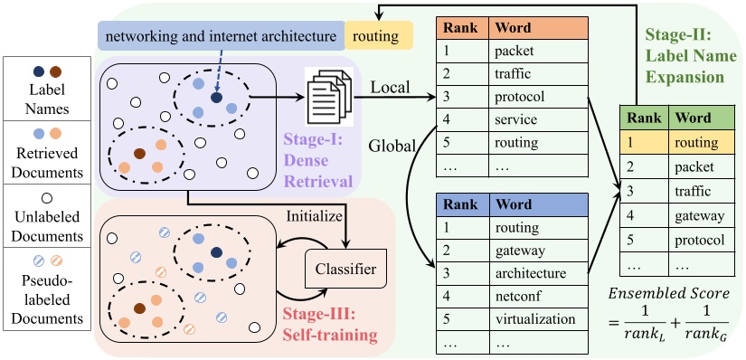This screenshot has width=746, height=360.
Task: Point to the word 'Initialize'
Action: [x=312, y=217]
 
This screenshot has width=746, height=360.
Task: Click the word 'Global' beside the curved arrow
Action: [x=392, y=145]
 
